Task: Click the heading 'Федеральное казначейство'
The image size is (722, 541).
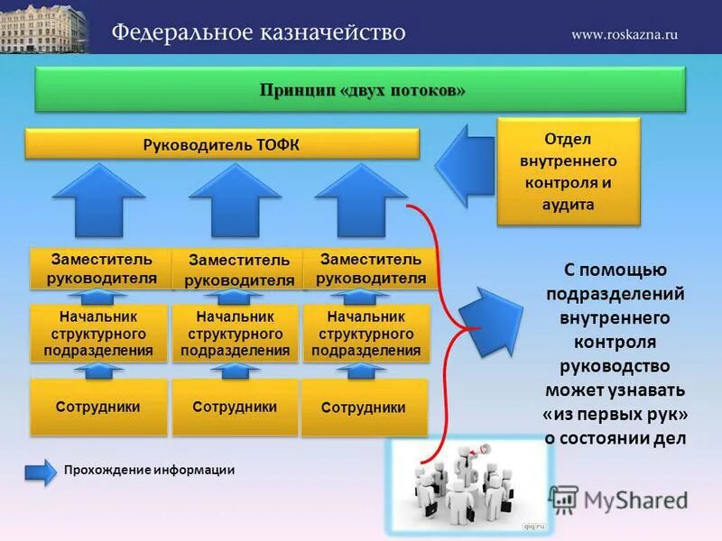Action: (x=258, y=33)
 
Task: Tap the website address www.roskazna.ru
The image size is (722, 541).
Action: (x=624, y=34)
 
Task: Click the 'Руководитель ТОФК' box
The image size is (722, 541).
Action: (x=222, y=145)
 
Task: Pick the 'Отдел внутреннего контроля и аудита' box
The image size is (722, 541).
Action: (x=569, y=171)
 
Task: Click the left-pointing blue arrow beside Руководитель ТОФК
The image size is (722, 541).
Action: (x=466, y=162)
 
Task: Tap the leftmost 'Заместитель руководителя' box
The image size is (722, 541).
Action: (x=100, y=268)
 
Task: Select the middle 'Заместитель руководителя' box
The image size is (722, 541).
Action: (x=238, y=270)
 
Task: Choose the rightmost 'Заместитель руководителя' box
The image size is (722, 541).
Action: (x=371, y=268)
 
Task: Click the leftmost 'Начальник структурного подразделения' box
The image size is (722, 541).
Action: (x=98, y=334)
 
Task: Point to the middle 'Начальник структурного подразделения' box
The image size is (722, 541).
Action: (x=235, y=334)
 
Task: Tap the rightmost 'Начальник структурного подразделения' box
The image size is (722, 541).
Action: (x=366, y=334)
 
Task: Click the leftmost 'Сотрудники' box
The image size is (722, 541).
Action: (x=98, y=407)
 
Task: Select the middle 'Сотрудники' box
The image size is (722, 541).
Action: (x=235, y=407)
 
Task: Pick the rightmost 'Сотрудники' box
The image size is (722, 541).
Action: (x=364, y=408)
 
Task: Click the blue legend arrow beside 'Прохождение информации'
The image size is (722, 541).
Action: (x=40, y=471)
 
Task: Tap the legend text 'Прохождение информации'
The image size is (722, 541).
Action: (x=149, y=470)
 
